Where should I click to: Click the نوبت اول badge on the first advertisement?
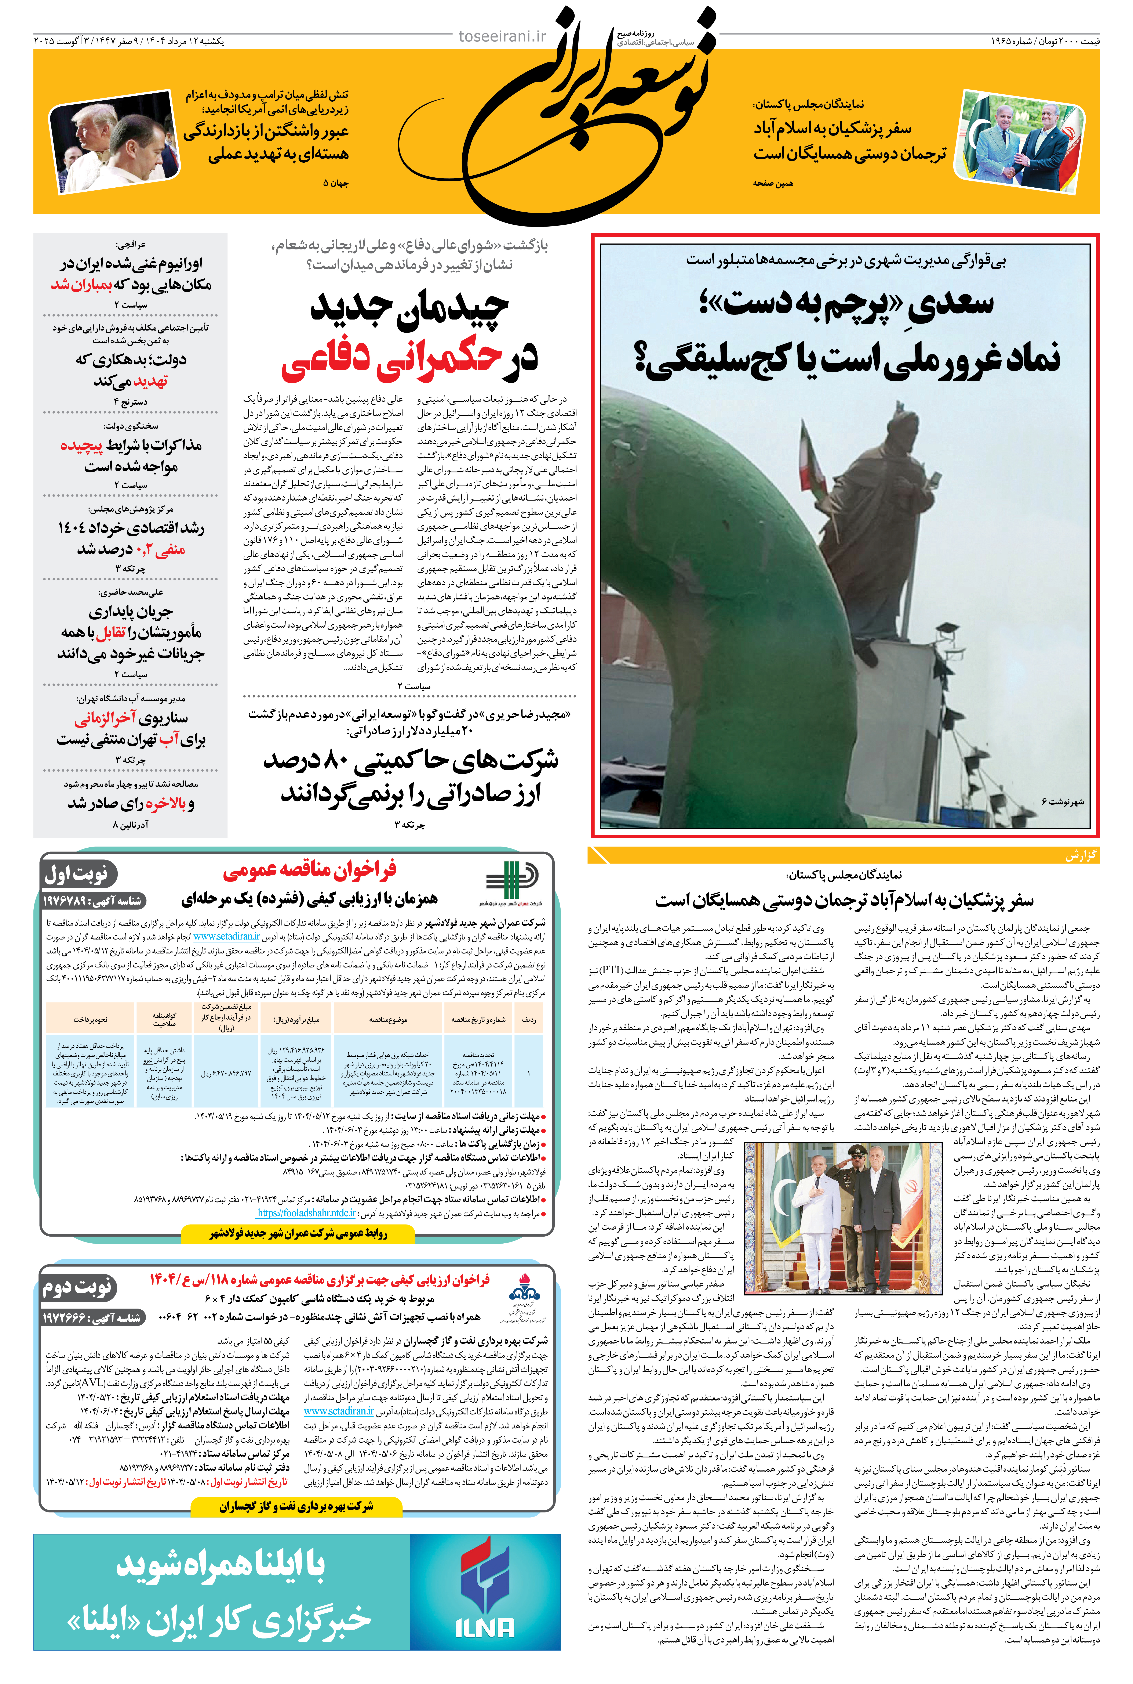(77, 875)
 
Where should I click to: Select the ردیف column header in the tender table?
(530, 1020)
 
